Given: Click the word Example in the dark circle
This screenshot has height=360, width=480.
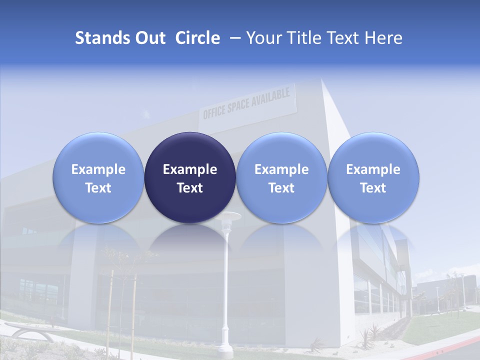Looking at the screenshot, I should tap(190, 169).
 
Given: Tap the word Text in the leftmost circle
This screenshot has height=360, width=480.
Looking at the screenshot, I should tap(98, 188).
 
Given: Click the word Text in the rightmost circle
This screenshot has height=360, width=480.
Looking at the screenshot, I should tap(373, 188).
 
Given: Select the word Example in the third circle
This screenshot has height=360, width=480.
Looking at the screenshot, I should tap(281, 169).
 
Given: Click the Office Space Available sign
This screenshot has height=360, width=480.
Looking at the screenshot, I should tap(246, 103).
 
